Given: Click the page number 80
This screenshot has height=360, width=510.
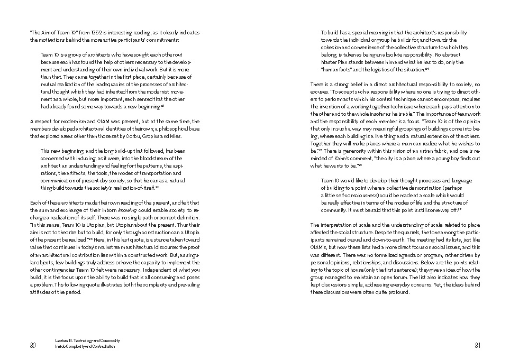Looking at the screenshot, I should pyautogui.click(x=32, y=346).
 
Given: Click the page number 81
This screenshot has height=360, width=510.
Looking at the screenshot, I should pyautogui.click(x=477, y=346).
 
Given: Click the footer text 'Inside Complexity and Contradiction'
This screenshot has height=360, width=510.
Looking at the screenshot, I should pyautogui.click(x=85, y=347).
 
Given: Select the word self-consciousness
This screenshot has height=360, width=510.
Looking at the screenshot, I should pyautogui.click(x=353, y=195).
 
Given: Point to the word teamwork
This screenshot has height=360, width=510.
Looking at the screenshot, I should pyautogui.click(x=468, y=114).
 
